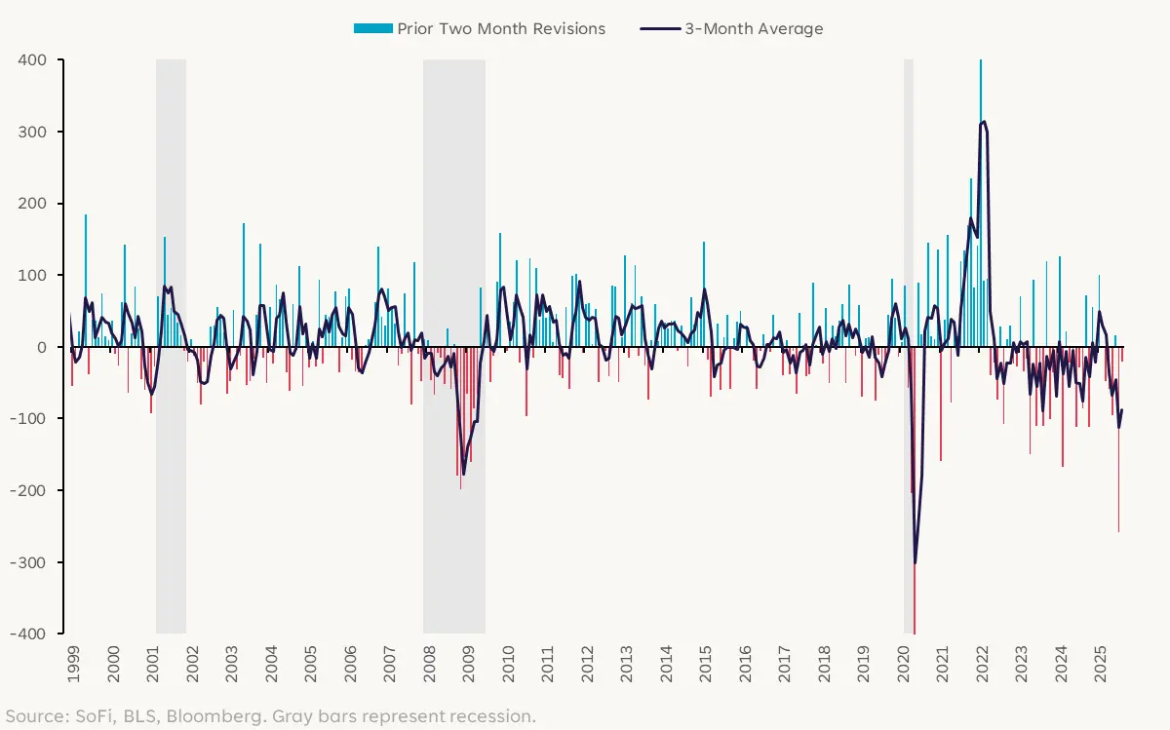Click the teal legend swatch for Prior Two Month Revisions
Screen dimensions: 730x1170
pyautogui.click(x=372, y=28)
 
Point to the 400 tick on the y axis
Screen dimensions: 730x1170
pyautogui.click(x=31, y=59)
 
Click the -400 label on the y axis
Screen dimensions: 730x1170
pyautogui.click(x=28, y=634)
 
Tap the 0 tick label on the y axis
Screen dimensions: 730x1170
pyautogui.click(x=42, y=347)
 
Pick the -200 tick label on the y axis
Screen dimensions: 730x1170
pyautogui.click(x=28, y=490)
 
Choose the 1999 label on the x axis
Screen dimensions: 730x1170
pyautogui.click(x=72, y=663)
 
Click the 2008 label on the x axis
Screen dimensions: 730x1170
pyautogui.click(x=428, y=663)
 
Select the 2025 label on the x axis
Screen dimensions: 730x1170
pyautogui.click(x=1101, y=663)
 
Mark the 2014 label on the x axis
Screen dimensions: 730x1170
pyautogui.click(x=666, y=663)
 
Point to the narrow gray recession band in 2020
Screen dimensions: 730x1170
pyautogui.click(x=909, y=195)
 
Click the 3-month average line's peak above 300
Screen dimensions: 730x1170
pyautogui.click(x=984, y=122)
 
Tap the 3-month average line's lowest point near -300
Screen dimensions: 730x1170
pyautogui.click(x=915, y=562)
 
